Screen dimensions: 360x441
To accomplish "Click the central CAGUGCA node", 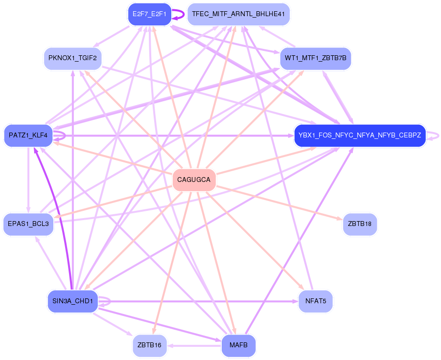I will tap(194, 180).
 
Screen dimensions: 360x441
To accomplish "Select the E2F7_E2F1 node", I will tap(150, 14).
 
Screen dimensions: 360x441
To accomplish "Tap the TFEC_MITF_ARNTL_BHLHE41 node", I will tap(238, 14).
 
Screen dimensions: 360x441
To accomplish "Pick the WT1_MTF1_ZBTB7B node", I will tap(315, 58).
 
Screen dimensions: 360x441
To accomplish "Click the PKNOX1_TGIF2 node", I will tap(72, 59).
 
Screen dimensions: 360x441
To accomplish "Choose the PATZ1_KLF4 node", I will tap(28, 135).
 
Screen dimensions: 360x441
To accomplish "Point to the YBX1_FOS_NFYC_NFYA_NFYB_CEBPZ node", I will tap(360, 135).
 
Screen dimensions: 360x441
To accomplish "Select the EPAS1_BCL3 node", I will tap(28, 224).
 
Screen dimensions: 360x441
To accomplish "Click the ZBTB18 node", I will tap(360, 224).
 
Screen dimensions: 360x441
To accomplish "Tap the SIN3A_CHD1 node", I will tap(72, 301).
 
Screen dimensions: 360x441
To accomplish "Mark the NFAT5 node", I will tap(316, 301).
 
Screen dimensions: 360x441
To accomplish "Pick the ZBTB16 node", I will tap(149, 345).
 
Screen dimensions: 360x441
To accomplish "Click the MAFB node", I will tap(238, 345).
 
